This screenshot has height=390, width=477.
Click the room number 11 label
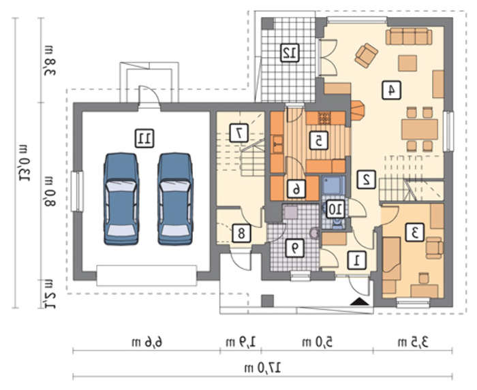coord(144,138)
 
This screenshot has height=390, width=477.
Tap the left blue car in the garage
coord(121,199)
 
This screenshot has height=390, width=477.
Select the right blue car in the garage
coord(175,199)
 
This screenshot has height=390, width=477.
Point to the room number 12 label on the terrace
coord(290,53)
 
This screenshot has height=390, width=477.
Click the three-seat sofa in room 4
coord(409,37)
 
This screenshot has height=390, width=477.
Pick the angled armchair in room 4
coord(367,55)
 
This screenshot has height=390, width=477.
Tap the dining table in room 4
coord(420,129)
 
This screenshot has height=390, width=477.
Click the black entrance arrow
coord(360,302)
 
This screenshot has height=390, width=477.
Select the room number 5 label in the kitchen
coord(318,141)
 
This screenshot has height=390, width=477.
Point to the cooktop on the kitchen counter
coord(324,118)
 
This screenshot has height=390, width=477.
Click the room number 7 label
coord(239,133)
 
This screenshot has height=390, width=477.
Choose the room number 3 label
coord(414,232)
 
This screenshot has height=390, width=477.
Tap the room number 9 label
coord(294,248)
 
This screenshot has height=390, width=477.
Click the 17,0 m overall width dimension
coord(263,368)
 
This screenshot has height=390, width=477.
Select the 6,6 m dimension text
coord(147,342)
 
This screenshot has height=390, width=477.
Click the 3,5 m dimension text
coord(413,342)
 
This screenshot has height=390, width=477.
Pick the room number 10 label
coord(336,209)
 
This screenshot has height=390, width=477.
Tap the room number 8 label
coord(241,233)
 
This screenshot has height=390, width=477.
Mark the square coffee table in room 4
coord(407,63)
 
